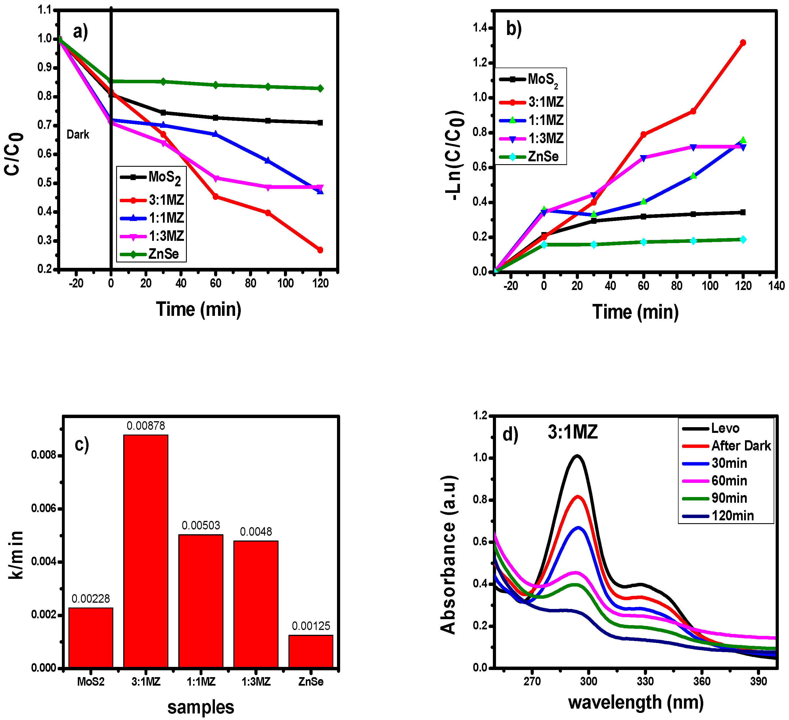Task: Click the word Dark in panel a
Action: pos(78,135)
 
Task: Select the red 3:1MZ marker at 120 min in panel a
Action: pos(320,250)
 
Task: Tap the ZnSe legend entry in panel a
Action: pos(163,254)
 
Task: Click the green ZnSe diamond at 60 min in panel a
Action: pos(215,85)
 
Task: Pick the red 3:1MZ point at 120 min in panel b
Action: pos(742,43)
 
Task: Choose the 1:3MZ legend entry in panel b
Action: pos(546,138)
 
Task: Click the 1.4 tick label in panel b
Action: pos(480,28)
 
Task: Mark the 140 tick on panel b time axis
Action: pos(776,286)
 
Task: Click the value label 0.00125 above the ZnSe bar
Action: pos(311,626)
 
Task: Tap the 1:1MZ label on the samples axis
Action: pos(201,682)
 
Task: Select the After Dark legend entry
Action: pos(740,446)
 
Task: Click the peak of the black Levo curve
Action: pos(577,456)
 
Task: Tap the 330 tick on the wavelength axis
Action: pos(645,681)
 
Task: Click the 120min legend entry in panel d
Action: pos(732,516)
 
